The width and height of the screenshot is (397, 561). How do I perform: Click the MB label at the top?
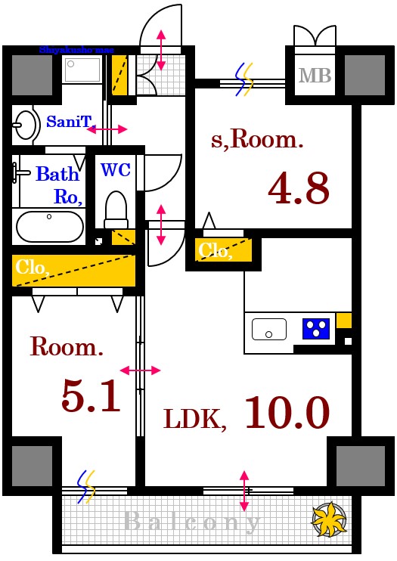(315, 76)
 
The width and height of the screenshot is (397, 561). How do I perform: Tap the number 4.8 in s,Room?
(299, 188)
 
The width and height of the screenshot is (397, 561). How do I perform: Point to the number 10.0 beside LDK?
(287, 412)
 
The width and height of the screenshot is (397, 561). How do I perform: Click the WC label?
(116, 169)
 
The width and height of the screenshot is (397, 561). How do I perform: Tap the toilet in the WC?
(116, 208)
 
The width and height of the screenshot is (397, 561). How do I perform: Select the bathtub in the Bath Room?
(49, 225)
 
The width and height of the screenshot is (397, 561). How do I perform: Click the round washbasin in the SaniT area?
(26, 126)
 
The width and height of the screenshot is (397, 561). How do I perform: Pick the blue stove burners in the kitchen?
(316, 329)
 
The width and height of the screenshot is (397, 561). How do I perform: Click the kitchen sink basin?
(269, 329)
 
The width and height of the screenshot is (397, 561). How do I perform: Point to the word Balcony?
(193, 521)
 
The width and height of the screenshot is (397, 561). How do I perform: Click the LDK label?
(196, 418)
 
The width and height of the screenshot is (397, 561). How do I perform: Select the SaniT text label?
(69, 121)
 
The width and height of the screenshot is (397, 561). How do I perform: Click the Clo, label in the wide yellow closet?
(33, 267)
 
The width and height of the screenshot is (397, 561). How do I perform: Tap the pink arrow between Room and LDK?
(140, 370)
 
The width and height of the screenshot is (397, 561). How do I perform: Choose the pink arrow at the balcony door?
(244, 490)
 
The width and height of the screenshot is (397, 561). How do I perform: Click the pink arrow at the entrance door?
(160, 50)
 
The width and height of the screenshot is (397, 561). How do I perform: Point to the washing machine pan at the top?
(82, 70)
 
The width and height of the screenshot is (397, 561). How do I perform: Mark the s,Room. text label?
(256, 139)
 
